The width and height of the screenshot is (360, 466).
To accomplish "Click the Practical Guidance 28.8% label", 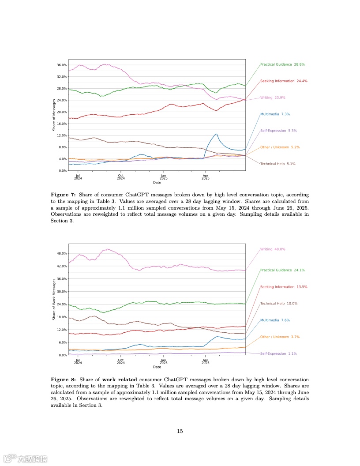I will [x=282, y=64].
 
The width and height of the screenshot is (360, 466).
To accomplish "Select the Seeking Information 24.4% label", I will [x=284, y=81].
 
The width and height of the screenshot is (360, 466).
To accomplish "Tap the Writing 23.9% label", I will [x=272, y=98].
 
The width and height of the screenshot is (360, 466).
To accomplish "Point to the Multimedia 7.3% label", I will [x=275, y=114].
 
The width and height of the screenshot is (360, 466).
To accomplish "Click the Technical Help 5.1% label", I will [x=277, y=164].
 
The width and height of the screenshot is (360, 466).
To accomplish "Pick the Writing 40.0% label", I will [x=273, y=249].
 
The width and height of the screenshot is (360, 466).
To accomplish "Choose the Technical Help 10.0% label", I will [x=279, y=304].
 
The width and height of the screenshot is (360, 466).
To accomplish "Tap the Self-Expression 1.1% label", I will [x=278, y=353].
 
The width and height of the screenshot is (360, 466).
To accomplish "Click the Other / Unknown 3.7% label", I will [x=280, y=337].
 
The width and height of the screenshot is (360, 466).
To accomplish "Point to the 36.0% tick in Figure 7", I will [x=61, y=65].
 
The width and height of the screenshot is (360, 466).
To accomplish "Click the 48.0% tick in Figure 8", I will [x=61, y=253].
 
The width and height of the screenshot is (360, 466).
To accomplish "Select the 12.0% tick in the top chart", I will [x=61, y=135].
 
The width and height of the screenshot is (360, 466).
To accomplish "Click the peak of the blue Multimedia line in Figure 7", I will [x=216, y=134].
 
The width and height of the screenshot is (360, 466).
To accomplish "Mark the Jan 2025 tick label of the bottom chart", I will [x=163, y=362].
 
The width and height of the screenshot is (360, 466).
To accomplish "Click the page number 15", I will [x=180, y=431].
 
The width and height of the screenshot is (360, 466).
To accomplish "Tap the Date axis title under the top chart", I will [x=157, y=182].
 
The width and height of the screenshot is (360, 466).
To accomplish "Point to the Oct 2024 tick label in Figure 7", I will [x=120, y=177].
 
